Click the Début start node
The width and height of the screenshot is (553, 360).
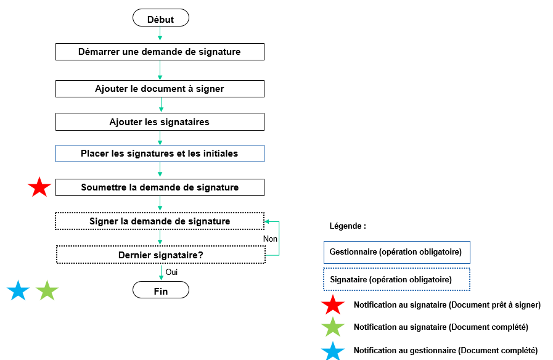[x=160, y=18]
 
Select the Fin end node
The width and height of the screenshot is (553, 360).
[x=160, y=290]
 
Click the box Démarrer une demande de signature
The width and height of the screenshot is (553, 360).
[x=160, y=52]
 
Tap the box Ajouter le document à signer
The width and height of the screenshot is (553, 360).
[x=160, y=89]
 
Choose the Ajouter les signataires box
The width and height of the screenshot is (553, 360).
[x=160, y=122]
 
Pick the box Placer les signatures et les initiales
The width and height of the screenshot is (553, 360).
[x=160, y=153]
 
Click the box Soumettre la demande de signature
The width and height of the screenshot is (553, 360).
[x=160, y=187]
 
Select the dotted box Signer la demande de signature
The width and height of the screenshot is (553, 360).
[x=160, y=221]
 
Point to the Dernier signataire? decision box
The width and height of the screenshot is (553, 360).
[x=160, y=255]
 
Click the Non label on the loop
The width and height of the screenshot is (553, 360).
[x=270, y=239]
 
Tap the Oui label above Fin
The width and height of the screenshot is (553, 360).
[x=172, y=272]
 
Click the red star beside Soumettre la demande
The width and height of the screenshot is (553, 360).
[x=39, y=187]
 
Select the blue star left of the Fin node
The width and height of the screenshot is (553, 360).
[x=18, y=290]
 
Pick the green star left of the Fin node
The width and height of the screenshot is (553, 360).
[x=47, y=290]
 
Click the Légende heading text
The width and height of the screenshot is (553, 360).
[x=348, y=226]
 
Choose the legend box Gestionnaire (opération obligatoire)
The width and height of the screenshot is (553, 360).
[x=396, y=252]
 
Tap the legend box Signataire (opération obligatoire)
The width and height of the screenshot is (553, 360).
[x=396, y=279]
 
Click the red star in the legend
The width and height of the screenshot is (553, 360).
[x=333, y=305]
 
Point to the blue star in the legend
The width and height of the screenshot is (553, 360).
[x=333, y=351]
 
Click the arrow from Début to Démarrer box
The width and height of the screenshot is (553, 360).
[x=160, y=35]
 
